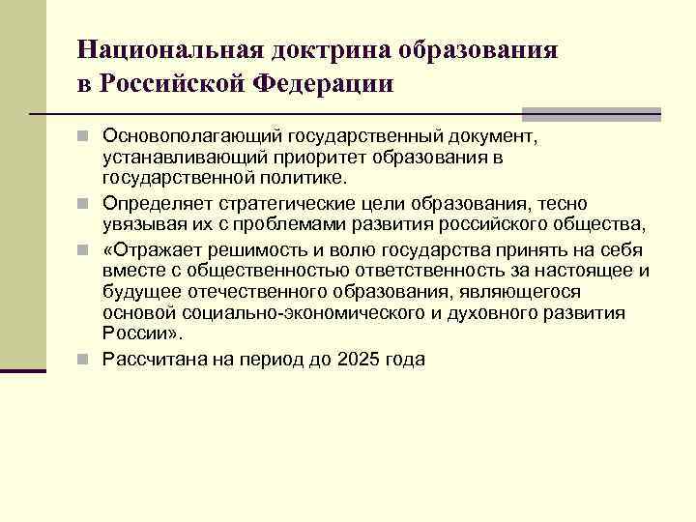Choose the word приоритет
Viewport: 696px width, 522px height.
[330, 155]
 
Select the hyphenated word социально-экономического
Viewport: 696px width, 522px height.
[280, 313]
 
